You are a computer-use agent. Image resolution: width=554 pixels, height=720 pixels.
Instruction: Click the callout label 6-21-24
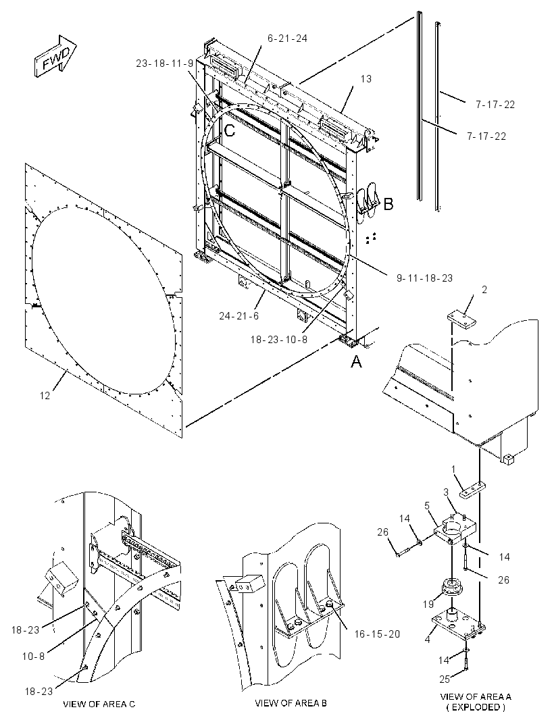coord(287,38)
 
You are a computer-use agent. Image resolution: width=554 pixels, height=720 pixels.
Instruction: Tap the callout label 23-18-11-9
coord(164,63)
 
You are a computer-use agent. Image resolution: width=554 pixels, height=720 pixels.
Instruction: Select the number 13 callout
coord(366,79)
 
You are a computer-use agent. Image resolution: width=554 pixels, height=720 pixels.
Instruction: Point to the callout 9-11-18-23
coord(424,278)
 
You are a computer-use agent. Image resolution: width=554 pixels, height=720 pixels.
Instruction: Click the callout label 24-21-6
coord(239,316)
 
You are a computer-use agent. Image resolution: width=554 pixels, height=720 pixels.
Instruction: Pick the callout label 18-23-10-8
coord(279,339)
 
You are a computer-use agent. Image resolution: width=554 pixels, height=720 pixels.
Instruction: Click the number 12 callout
coord(45,395)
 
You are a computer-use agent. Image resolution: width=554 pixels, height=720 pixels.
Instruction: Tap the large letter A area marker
coord(357,362)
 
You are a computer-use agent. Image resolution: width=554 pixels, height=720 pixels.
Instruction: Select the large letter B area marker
coord(388,203)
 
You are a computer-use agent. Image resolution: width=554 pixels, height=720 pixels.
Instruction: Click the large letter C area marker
coord(230,131)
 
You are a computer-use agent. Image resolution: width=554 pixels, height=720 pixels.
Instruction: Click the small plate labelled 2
coord(461,320)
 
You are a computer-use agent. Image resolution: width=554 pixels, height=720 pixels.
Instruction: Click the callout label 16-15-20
coord(377,634)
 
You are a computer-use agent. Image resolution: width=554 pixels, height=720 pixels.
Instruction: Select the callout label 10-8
coord(34,657)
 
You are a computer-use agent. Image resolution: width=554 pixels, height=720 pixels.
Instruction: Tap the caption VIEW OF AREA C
coord(99,704)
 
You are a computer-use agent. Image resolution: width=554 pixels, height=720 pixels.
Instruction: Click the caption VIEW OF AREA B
coord(291,703)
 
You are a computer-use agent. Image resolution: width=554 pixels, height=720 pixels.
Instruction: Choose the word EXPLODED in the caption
coord(476,707)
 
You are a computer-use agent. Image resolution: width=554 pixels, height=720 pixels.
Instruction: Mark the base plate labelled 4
coord(459,624)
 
